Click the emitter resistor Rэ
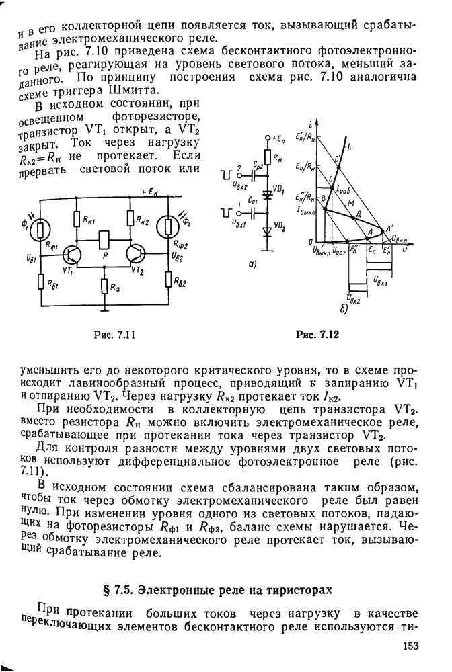coord(104,286)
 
